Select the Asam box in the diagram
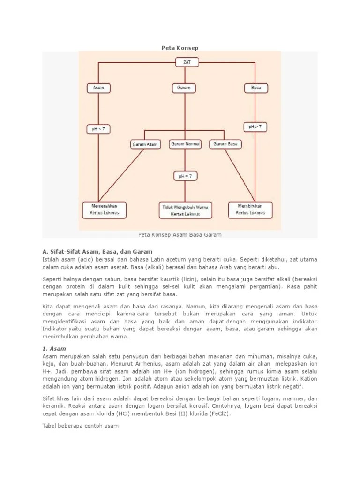[x=98, y=88]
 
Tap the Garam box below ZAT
[x=180, y=88]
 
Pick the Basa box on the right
[x=256, y=88]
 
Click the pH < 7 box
[x=98, y=128]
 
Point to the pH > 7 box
[x=255, y=127]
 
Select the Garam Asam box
[x=145, y=144]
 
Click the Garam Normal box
[x=185, y=144]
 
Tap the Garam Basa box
[x=225, y=144]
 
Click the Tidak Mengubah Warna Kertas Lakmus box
[x=185, y=210]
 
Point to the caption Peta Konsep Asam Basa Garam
[x=180, y=234]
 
